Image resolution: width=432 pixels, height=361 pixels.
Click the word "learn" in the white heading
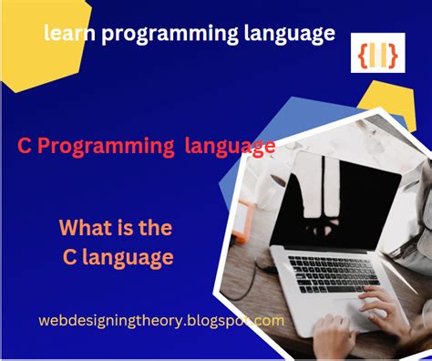69,33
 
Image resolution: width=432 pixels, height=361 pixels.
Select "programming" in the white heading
170,35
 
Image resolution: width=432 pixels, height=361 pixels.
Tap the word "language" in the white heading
290,35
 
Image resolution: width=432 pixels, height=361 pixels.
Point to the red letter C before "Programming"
25,146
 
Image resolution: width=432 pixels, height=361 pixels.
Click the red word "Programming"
106,148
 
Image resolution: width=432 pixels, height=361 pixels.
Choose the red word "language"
230,148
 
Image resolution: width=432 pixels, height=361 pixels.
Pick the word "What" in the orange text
85,227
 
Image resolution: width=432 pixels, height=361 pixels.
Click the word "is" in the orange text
124,228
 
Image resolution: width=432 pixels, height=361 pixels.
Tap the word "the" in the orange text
155,227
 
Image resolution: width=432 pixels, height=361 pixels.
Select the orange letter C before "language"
69,257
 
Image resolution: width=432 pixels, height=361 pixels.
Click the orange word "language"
128,258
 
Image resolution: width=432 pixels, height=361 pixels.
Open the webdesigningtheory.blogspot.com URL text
161,321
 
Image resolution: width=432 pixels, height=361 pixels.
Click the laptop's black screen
335,203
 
